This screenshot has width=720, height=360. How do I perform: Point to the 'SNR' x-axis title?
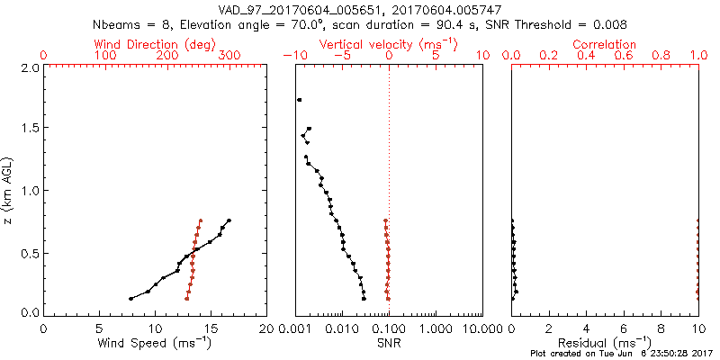[389, 343]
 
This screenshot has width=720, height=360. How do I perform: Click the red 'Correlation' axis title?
[605, 44]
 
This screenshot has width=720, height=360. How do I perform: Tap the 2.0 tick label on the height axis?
[29, 67]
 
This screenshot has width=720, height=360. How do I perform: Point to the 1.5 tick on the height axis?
[29, 129]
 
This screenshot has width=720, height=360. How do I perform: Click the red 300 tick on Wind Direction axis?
[229, 56]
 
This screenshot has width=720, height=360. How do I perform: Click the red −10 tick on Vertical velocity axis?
[293, 56]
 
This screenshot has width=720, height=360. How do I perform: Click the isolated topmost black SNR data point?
[299, 100]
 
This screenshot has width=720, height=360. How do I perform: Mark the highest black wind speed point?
[229, 220]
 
